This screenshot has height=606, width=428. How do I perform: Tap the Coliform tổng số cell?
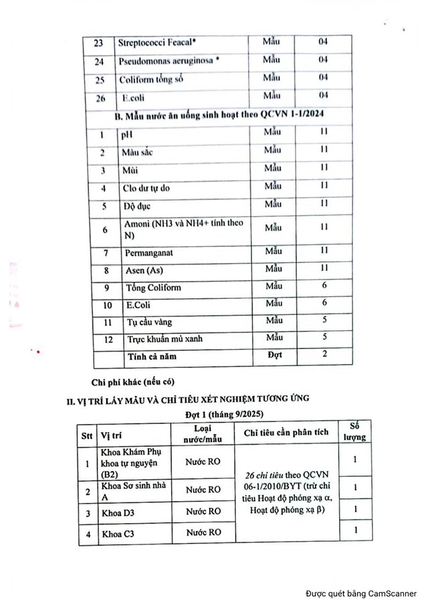pos(151,80)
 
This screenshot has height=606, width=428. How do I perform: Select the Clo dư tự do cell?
pos(146,188)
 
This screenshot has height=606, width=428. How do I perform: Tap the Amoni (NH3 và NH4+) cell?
pos(183,229)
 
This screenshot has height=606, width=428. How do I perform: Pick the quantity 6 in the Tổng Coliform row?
pos(324,286)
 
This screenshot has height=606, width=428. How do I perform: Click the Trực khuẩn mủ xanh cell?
pos(165,338)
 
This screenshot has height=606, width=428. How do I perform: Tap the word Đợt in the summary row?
pos(274,355)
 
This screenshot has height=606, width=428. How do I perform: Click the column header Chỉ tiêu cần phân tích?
pos(286,433)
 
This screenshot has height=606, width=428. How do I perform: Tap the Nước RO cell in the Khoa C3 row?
pos(203,532)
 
